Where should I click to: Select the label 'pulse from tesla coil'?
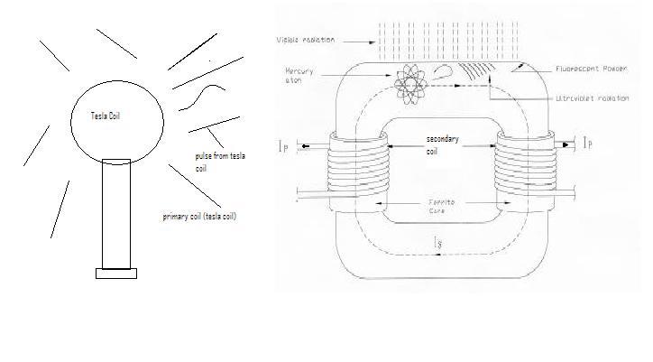(x=216, y=162)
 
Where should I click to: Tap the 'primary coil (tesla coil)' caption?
(x=199, y=218)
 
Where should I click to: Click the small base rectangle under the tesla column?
(x=116, y=274)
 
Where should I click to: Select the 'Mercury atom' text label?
(x=299, y=74)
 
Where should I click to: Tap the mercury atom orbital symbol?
(x=412, y=83)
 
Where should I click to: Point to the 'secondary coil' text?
(x=445, y=144)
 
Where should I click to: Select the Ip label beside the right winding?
(x=588, y=143)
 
